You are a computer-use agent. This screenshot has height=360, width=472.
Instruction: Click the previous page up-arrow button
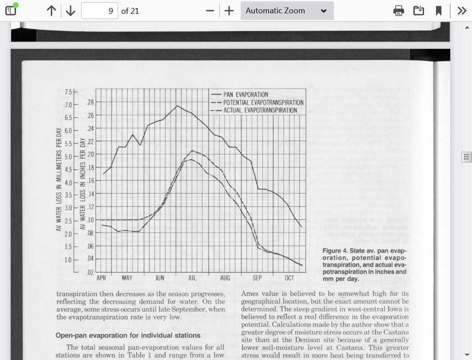(52, 11)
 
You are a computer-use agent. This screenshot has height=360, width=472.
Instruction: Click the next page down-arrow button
(71, 11)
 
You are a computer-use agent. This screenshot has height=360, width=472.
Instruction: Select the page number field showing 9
(99, 11)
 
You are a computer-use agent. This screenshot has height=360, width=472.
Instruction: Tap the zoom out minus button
(210, 11)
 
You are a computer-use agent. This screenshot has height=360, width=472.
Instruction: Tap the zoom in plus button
(229, 11)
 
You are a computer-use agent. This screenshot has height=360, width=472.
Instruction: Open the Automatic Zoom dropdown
(287, 11)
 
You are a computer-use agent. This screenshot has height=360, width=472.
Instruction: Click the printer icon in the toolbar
(399, 11)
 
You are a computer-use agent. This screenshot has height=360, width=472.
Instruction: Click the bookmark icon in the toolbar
(439, 11)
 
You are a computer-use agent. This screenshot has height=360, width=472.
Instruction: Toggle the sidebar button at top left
(11, 10)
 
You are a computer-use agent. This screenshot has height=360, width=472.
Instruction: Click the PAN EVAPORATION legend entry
(246, 95)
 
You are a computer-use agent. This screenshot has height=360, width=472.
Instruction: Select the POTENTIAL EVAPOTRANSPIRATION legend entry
(263, 103)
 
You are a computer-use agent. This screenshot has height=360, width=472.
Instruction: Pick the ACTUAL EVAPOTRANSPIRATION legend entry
(260, 110)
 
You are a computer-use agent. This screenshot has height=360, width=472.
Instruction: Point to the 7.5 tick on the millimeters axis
(68, 92)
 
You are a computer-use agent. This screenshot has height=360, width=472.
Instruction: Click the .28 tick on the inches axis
(90, 103)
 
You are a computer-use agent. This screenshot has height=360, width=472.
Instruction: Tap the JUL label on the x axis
(192, 278)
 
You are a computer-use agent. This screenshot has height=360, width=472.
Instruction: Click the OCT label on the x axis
(290, 278)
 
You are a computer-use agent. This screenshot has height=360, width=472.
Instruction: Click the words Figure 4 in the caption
(335, 251)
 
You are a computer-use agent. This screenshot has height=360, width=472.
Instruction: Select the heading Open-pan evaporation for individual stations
(128, 335)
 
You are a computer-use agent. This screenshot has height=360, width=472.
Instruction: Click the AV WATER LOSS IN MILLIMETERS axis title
(59, 180)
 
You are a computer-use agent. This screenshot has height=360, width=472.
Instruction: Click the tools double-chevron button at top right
(462, 11)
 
